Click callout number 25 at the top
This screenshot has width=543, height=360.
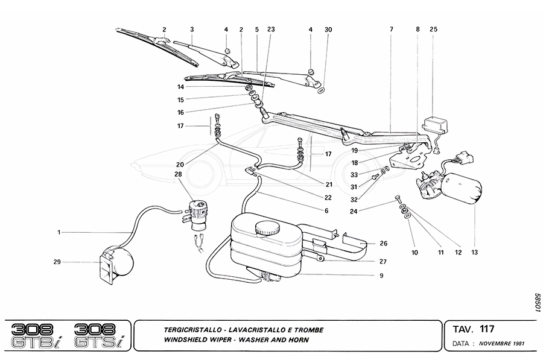click(x=433, y=29)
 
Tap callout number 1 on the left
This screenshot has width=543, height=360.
click(x=59, y=232)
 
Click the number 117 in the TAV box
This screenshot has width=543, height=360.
click(x=487, y=329)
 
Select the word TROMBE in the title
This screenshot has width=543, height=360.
click(x=306, y=330)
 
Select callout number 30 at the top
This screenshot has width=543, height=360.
click(x=328, y=29)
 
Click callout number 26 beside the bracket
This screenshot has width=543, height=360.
click(x=384, y=244)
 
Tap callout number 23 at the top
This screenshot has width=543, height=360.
click(x=270, y=29)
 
